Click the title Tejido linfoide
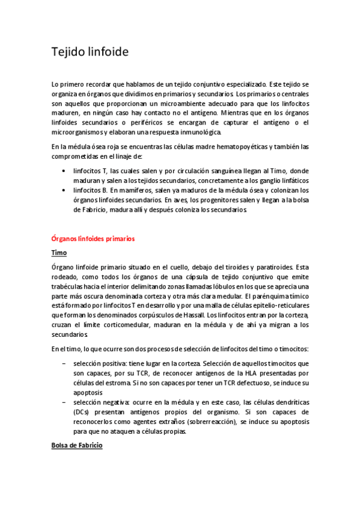(x=90, y=52)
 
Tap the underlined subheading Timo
(x=58, y=253)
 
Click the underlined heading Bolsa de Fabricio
(x=77, y=446)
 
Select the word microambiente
(x=166, y=103)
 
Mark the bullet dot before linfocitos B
(x=64, y=189)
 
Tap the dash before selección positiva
(x=64, y=363)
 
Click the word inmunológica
(x=199, y=132)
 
